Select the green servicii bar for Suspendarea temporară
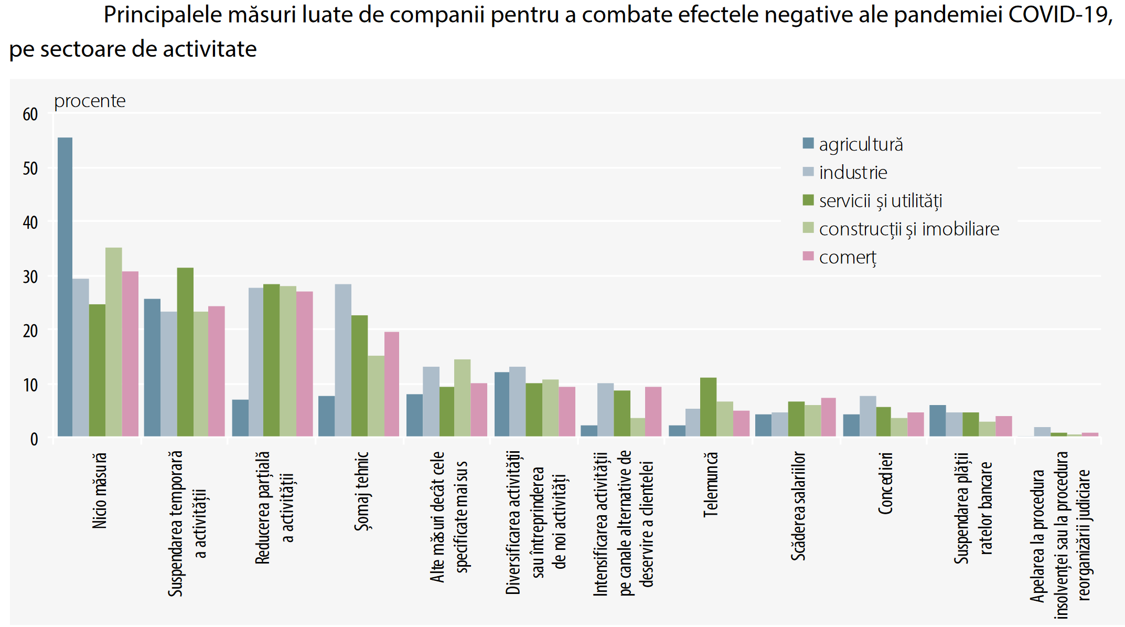(x=185, y=352)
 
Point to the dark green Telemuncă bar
(x=708, y=407)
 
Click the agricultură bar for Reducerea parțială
(x=240, y=418)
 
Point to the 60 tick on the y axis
(x=30, y=114)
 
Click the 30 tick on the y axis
(x=30, y=277)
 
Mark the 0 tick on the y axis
(x=34, y=439)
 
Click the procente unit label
(x=90, y=101)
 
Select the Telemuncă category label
(x=710, y=485)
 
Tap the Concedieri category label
(x=885, y=483)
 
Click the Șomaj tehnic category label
(x=362, y=491)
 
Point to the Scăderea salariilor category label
(x=798, y=506)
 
